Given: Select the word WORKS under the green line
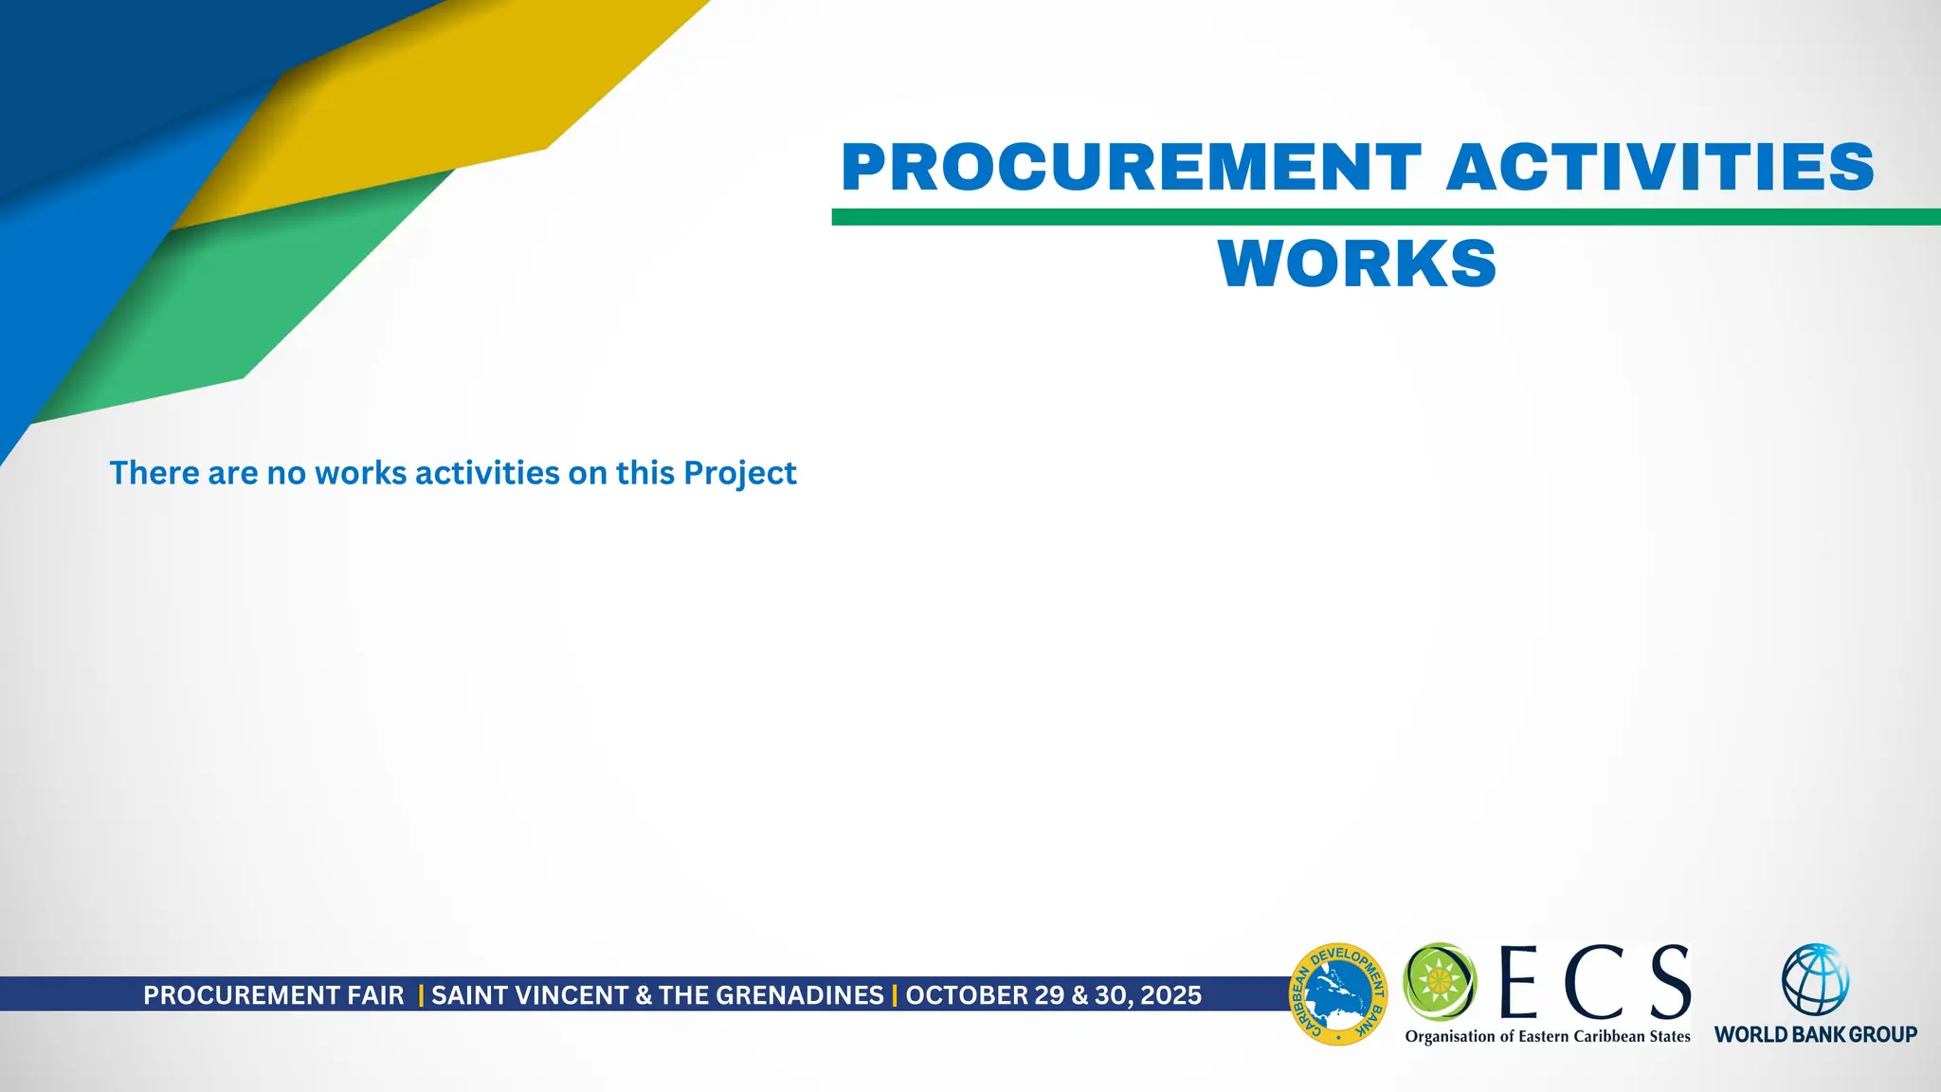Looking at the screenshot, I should point(1357,264).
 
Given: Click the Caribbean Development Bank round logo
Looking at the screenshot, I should point(1338,994).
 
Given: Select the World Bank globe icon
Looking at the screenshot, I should point(1815,980).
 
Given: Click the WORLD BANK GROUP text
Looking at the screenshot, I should point(1815,1034).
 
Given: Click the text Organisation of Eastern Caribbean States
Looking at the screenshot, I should point(1548,1036).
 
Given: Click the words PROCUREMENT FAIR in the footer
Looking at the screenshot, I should point(273,995).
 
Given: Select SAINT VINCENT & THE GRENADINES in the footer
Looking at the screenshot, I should point(658,995).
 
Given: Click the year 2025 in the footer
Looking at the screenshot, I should point(1170,995).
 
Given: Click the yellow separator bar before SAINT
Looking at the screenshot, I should point(421,995).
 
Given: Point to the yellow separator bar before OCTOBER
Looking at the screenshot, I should point(895,995).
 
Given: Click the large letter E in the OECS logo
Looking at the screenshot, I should point(1518,982).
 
